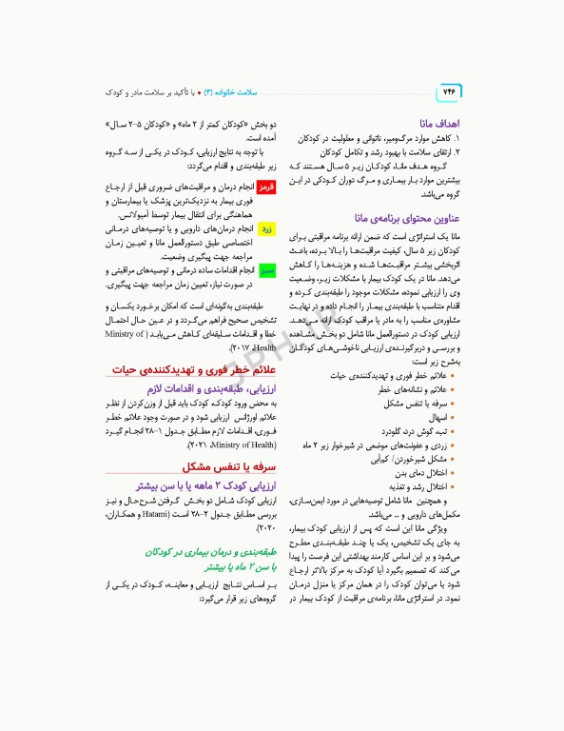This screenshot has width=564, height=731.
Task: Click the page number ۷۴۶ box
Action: tap(448, 92)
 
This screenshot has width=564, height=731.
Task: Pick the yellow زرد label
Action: tap(266, 229)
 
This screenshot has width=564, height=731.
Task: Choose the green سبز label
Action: tap(266, 270)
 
